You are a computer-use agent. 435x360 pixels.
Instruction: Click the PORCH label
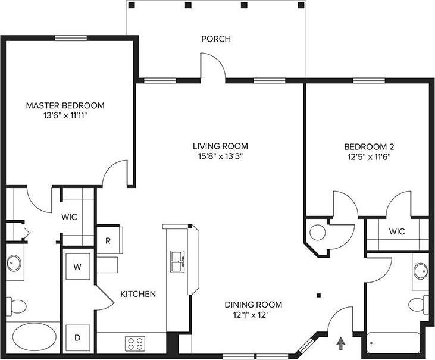click(215, 39)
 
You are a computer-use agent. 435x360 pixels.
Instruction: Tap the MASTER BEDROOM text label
click(65, 105)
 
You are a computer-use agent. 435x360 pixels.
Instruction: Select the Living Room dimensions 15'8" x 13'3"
click(220, 156)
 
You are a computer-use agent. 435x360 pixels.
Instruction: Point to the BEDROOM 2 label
click(370, 146)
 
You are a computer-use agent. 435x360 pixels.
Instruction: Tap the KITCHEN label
click(138, 294)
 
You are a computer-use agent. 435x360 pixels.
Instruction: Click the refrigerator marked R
click(108, 240)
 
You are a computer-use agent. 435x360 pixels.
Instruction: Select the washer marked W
click(77, 267)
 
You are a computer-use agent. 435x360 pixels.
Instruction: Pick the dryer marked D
click(77, 337)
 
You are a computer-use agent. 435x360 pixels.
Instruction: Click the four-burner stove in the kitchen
click(135, 343)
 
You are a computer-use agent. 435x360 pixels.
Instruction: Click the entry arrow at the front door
click(341, 343)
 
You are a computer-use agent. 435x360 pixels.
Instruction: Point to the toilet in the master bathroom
click(17, 306)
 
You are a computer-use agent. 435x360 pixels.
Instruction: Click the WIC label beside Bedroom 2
click(397, 231)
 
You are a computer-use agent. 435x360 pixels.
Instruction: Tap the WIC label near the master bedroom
click(69, 217)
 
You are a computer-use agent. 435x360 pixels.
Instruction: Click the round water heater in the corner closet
click(318, 232)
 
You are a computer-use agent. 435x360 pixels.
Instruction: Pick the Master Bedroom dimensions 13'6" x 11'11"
click(65, 117)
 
